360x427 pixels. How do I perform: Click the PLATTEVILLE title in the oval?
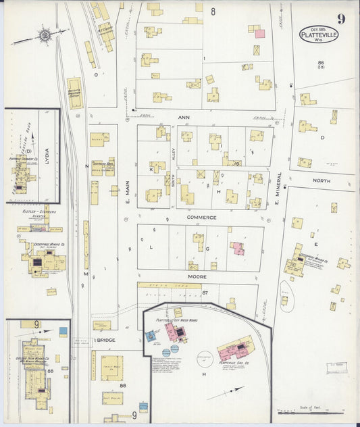coord(319,34)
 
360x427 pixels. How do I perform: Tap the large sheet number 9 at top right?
coord(342,18)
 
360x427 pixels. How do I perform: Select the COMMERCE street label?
coord(202,218)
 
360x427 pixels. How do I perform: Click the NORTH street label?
coord(322,181)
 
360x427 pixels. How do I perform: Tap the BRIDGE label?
coord(106,341)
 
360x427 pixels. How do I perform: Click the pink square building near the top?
coord(259,33)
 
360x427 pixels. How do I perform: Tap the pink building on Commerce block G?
coord(238,249)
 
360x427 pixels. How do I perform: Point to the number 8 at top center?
coord(212,11)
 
